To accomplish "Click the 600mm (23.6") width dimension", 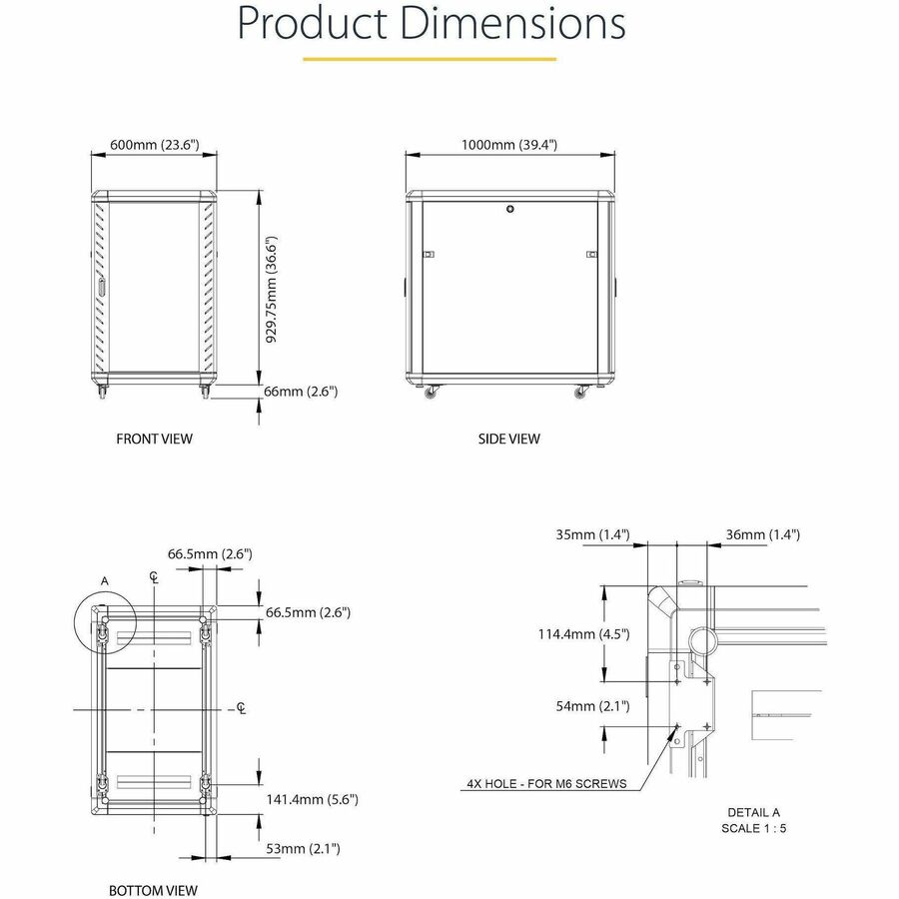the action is (x=155, y=145).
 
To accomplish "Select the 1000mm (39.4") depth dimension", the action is (x=509, y=145).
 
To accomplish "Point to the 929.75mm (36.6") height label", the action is (x=271, y=290).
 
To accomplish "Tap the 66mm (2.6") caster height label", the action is (x=301, y=392).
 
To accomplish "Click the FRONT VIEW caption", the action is (x=154, y=440).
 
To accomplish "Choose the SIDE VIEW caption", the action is (x=509, y=440).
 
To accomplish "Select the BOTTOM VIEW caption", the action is (x=153, y=890).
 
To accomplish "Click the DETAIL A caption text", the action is (x=753, y=812).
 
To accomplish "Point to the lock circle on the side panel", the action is (x=510, y=209).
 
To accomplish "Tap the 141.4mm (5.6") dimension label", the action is (x=312, y=799).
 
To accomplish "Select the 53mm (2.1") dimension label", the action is (x=303, y=848).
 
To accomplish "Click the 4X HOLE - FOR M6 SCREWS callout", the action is (x=546, y=784).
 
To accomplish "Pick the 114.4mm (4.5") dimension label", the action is (x=583, y=634).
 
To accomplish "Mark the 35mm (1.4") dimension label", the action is (x=592, y=535).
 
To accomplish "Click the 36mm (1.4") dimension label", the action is (x=762, y=535).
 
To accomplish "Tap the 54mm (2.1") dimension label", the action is (x=592, y=706).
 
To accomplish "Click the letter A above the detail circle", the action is (x=104, y=581).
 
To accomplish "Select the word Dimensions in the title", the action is (x=512, y=23).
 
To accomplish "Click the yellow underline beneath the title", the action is (x=430, y=59).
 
